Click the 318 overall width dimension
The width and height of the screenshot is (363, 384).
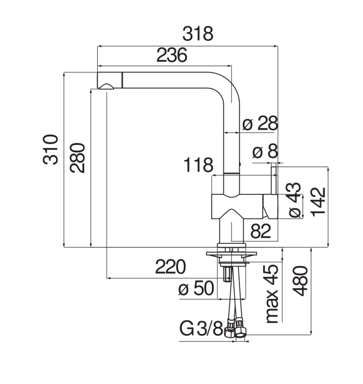(x=198, y=34)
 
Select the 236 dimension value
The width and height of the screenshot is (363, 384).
(x=172, y=55)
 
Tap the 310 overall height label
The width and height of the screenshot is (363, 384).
(x=51, y=149)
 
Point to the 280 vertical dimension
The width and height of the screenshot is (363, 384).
(x=77, y=158)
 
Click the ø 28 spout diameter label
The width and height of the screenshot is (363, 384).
(x=260, y=123)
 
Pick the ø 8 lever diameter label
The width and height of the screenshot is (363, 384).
(x=265, y=151)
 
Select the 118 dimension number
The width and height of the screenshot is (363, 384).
(x=198, y=165)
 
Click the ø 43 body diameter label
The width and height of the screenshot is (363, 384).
(x=295, y=200)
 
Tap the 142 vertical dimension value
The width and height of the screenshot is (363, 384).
(x=318, y=202)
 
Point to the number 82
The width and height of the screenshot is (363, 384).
(x=261, y=231)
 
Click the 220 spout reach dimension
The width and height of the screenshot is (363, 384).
(x=171, y=267)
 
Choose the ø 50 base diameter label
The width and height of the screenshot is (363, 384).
(x=196, y=288)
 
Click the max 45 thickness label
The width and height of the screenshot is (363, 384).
(x=272, y=294)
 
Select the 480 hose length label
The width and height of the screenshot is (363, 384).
(x=300, y=281)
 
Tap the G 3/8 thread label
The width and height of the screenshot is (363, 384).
(x=201, y=329)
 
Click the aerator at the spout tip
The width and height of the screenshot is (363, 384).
(x=106, y=87)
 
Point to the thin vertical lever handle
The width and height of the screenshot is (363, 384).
(x=274, y=181)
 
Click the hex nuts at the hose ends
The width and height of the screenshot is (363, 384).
(x=235, y=328)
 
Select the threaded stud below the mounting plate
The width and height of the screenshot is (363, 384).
(x=227, y=274)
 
